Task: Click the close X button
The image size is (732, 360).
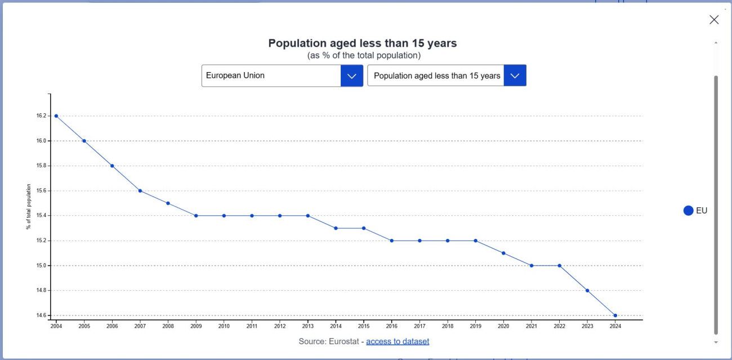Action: pyautogui.click(x=714, y=20)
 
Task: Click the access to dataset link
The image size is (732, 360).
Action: pyautogui.click(x=398, y=341)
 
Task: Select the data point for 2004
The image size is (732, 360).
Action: pyautogui.click(x=56, y=116)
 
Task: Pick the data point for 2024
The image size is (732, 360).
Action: pyautogui.click(x=615, y=315)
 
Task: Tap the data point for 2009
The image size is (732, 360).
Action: pyautogui.click(x=196, y=216)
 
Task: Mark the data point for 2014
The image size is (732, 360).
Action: pyautogui.click(x=336, y=228)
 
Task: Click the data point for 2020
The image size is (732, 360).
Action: pyautogui.click(x=503, y=253)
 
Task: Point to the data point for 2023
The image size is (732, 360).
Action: pyautogui.click(x=587, y=291)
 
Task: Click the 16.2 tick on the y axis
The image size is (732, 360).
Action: pyautogui.click(x=41, y=116)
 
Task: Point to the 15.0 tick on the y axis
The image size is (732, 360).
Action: pyautogui.click(x=41, y=265)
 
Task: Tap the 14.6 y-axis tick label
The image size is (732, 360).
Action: pyautogui.click(x=41, y=315)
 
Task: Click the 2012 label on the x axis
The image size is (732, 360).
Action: pyautogui.click(x=280, y=326)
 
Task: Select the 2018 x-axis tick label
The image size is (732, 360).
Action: pyautogui.click(x=448, y=326)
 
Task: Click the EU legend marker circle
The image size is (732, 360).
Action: pyautogui.click(x=688, y=211)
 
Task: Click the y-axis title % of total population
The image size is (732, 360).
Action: pyautogui.click(x=29, y=207)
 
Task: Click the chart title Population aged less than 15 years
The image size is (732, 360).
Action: pyautogui.click(x=362, y=43)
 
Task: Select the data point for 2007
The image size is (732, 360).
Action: pyautogui.click(x=140, y=190)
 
